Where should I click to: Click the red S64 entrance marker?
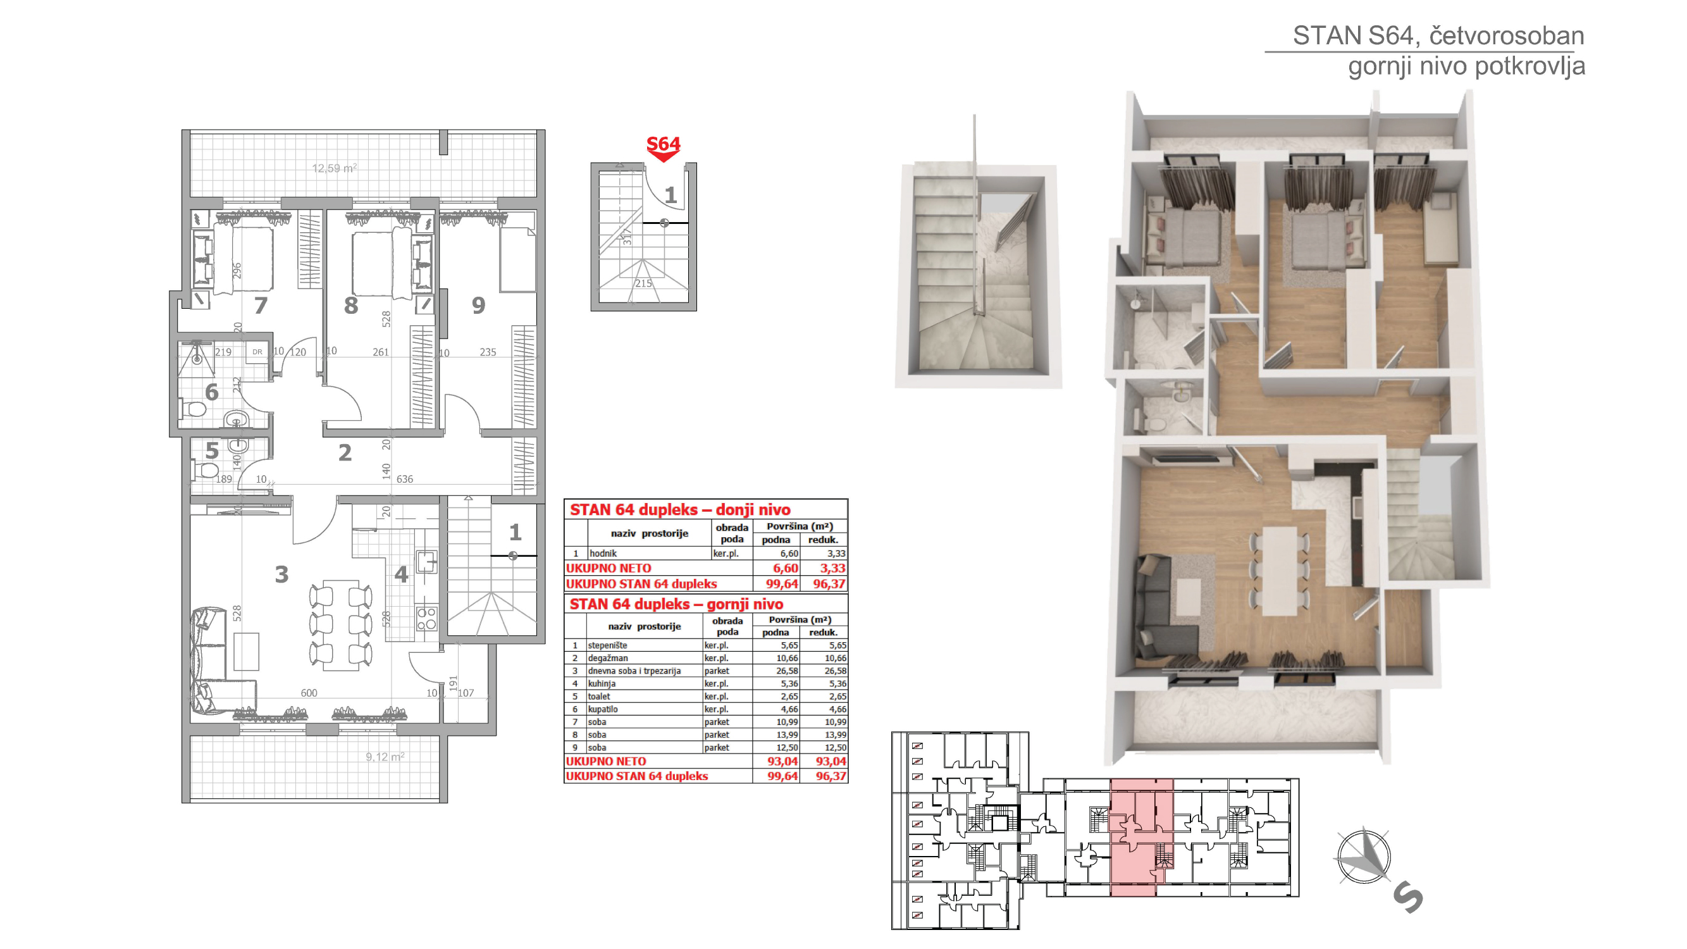point(663,148)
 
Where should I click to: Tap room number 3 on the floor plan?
point(281,574)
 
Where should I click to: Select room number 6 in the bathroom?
point(211,392)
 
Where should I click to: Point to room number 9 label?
point(479,305)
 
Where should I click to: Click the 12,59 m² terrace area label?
point(335,168)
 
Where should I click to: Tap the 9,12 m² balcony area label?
point(385,757)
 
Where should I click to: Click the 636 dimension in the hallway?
point(405,480)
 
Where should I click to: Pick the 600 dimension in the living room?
point(309,693)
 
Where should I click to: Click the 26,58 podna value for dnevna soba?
point(785,671)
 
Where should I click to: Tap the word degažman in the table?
point(608,658)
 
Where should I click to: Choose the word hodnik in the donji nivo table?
point(603,554)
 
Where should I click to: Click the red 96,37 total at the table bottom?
point(831,776)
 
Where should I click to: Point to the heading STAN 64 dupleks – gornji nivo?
point(676,604)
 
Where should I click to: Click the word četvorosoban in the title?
point(1506,36)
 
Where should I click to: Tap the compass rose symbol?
point(1364,855)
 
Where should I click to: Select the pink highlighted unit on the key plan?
point(1141,837)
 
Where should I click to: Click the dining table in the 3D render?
point(1280,570)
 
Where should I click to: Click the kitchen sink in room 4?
point(427,562)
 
